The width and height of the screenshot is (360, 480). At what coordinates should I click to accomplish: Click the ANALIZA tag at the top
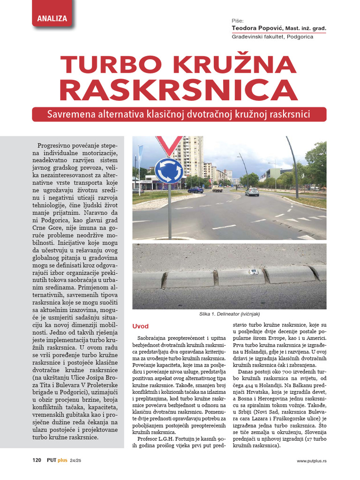click(x=52, y=19)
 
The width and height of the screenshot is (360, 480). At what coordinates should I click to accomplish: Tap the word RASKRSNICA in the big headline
click(x=180, y=91)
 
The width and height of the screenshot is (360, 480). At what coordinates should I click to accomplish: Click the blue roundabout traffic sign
click(x=169, y=171)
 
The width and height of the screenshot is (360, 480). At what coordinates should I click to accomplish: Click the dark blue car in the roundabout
click(x=195, y=190)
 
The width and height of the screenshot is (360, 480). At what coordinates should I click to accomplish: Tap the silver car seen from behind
click(x=252, y=192)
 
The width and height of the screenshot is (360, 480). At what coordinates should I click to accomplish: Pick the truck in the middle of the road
click(x=217, y=188)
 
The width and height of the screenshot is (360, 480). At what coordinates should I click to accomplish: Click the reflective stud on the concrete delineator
click(x=254, y=272)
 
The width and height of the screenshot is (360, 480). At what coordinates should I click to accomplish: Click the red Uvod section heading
click(x=140, y=326)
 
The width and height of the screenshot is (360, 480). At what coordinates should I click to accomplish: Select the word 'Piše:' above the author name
click(x=238, y=21)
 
